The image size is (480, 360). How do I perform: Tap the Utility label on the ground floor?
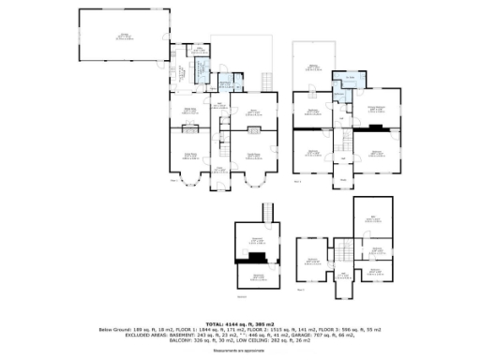coord(175,74)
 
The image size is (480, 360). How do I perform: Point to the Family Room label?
coord(252,154)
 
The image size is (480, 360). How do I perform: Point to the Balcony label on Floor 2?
coord(313,66)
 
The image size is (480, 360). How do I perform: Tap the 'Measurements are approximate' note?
coord(240,350)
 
